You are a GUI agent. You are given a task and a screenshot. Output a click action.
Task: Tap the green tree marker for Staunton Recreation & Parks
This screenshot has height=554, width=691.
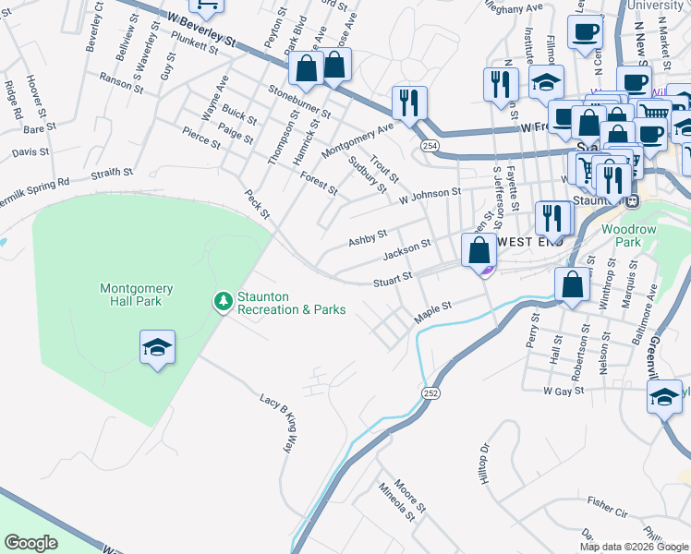(x=222, y=302)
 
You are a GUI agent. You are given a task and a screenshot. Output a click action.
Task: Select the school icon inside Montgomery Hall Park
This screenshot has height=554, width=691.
(x=157, y=348)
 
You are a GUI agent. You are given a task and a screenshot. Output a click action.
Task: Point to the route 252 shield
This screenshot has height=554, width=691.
(x=430, y=392)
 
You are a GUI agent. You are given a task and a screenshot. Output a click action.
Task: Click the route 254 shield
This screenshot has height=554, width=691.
(x=430, y=146)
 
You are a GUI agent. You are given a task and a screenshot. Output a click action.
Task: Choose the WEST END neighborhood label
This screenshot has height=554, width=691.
(x=525, y=241)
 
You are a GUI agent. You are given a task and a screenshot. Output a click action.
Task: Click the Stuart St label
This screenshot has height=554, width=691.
(x=392, y=281)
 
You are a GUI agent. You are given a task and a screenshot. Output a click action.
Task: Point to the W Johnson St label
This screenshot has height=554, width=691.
(x=430, y=193)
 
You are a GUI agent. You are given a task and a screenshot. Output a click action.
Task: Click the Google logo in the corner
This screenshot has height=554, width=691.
(x=30, y=543)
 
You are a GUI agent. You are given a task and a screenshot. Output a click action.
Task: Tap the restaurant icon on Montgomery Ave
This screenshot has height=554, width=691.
(x=408, y=102)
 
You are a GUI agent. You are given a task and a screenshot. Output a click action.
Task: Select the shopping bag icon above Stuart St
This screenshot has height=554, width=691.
(x=479, y=250)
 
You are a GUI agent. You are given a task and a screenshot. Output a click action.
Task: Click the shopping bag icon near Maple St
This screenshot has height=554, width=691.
(x=572, y=285)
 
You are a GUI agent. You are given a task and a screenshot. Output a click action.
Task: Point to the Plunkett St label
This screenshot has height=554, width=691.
(x=194, y=46)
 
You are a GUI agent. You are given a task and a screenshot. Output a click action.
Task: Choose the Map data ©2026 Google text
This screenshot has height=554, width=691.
(x=634, y=547)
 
